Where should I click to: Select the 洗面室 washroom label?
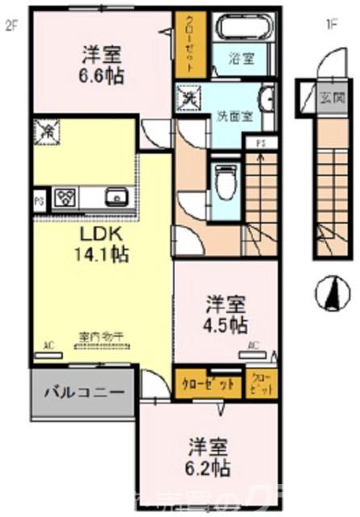pos(234,116)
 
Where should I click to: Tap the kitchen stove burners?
pos(65,196)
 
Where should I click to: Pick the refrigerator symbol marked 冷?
pos(48,130)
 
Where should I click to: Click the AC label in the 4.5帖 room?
pos(253,346)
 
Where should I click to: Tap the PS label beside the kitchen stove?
pos(38,196)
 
